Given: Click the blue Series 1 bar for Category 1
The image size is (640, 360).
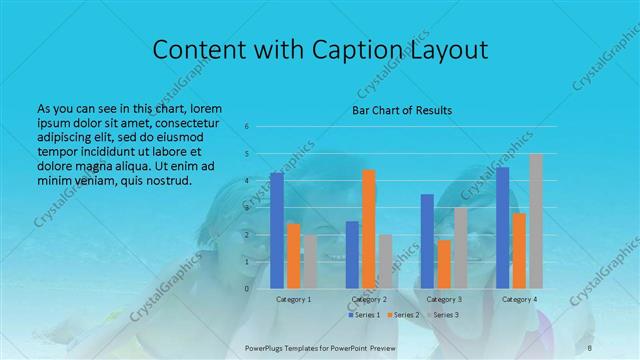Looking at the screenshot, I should tap(277, 230).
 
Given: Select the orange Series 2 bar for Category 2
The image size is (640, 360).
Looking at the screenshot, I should tap(369, 229).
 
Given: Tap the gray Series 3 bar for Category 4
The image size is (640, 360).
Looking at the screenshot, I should tap(536, 221).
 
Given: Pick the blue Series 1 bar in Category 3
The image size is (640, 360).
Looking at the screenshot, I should tap(427, 241).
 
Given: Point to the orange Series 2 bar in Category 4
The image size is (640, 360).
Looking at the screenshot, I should tap(519, 250).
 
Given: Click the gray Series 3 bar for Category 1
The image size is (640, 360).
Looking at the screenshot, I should tap(310, 261).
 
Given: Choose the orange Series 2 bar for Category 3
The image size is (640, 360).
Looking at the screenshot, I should tap(444, 264).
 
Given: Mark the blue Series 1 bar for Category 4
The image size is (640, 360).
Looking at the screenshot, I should tap(503, 227).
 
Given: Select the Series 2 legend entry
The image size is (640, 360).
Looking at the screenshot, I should tap(402, 315).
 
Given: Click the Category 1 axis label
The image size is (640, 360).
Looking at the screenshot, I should tap(293, 299).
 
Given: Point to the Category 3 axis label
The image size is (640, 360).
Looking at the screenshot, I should tap(444, 299).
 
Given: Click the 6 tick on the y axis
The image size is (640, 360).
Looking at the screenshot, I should tap(247, 127).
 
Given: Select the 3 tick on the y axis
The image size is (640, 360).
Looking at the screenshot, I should tap(247, 208).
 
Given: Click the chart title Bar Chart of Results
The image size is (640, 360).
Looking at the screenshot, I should tap(401, 109).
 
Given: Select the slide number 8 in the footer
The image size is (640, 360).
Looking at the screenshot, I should tap(591, 345).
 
